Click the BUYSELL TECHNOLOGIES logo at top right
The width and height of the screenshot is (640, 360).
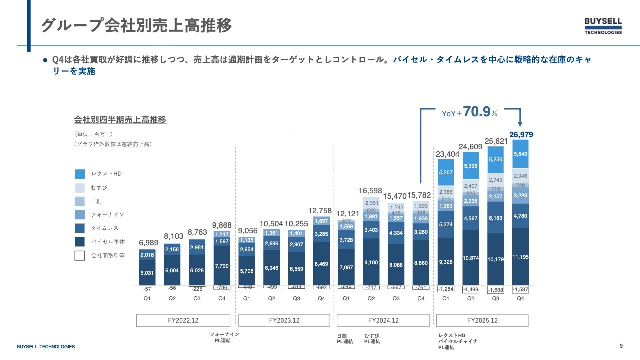pyautogui.click(x=603, y=26)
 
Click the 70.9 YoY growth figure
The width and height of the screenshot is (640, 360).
pyautogui.click(x=477, y=112)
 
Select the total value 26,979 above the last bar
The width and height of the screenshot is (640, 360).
pyautogui.click(x=520, y=134)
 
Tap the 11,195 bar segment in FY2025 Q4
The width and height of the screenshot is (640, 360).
pyautogui.click(x=520, y=257)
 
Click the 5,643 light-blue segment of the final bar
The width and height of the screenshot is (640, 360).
pyautogui.click(x=520, y=154)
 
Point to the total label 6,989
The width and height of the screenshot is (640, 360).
pyautogui.click(x=149, y=242)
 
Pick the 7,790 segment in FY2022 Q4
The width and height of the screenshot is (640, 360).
pyautogui.click(x=221, y=266)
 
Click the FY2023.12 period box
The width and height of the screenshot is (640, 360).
pyautogui.click(x=284, y=320)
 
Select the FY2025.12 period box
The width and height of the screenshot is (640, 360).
pyautogui.click(x=482, y=320)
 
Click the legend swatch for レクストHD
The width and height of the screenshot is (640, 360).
pyautogui.click(x=80, y=174)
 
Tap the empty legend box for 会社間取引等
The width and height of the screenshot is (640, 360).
pyautogui.click(x=80, y=256)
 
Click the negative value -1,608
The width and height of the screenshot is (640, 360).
pyautogui.click(x=496, y=290)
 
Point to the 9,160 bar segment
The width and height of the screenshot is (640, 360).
pyautogui.click(x=371, y=262)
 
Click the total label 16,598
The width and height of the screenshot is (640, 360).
pyautogui.click(x=371, y=191)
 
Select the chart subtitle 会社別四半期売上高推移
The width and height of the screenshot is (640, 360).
pyautogui.click(x=120, y=120)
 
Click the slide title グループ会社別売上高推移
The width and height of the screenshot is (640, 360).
pyautogui.click(x=136, y=26)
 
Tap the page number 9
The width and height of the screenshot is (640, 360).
pyautogui.click(x=621, y=346)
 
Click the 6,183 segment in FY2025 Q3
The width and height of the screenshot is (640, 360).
pyautogui.click(x=496, y=218)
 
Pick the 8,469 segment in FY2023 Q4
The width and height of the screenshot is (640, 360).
pyautogui.click(x=321, y=263)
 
